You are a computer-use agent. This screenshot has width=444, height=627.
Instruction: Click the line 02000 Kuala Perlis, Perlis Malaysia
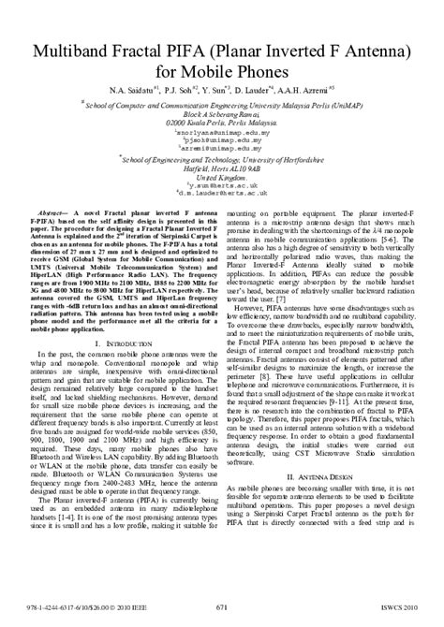point(222,123)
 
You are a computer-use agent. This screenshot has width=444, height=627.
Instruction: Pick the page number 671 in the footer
point(222,607)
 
